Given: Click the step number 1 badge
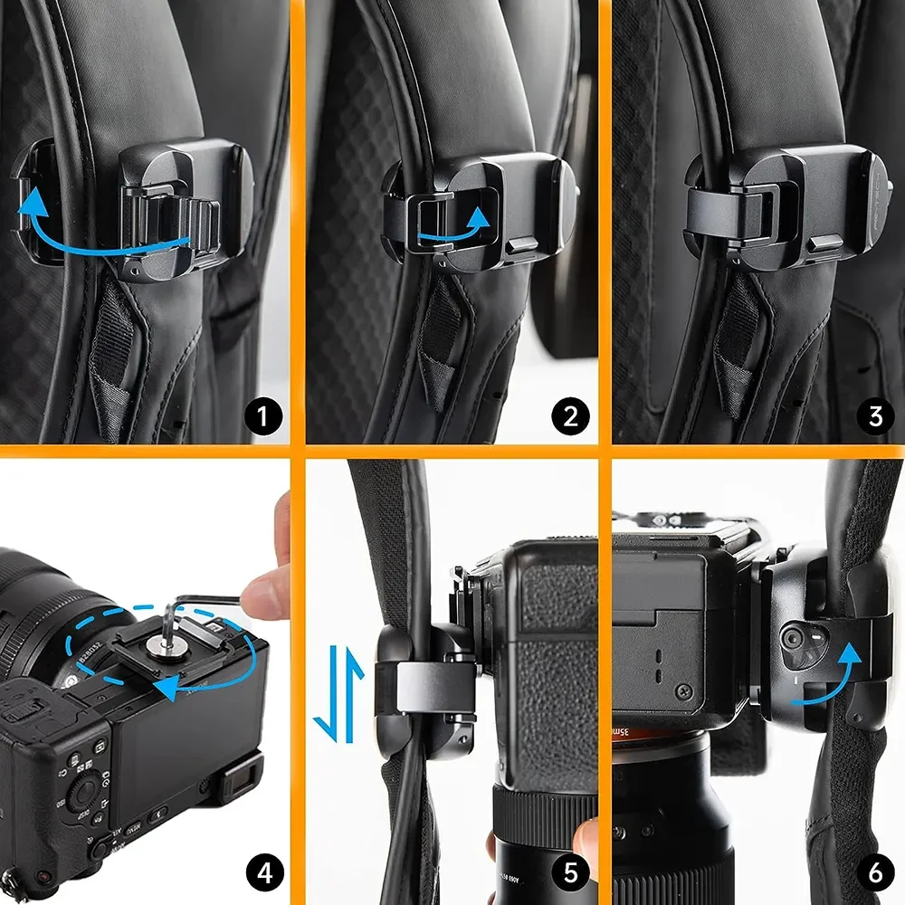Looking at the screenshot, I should [264, 418].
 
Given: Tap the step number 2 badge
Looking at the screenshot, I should [570, 418].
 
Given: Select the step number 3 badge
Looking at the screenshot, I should [875, 418].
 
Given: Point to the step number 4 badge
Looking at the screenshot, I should [264, 874].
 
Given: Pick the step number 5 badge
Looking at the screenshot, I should [570, 874].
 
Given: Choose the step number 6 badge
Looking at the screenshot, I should [875, 874].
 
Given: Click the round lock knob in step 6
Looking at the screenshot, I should [795, 639].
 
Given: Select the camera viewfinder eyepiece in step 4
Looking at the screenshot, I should [237, 776].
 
